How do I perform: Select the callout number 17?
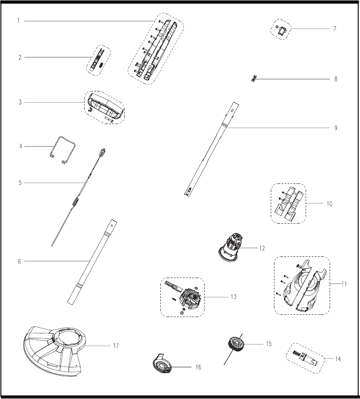click(x=116, y=346)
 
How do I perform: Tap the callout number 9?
click(x=336, y=128)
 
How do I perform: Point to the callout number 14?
click(x=338, y=359)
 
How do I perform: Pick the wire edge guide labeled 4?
click(x=62, y=150)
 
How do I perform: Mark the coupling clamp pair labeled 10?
click(x=288, y=204)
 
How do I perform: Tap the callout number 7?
click(x=335, y=29)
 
